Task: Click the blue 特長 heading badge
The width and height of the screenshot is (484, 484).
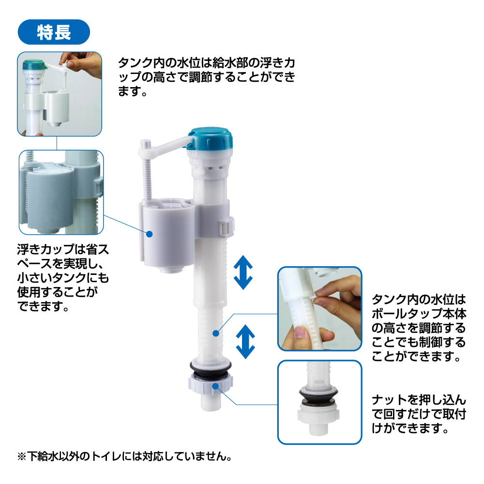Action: [x=54, y=32]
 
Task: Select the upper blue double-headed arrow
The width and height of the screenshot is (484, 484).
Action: [x=243, y=272]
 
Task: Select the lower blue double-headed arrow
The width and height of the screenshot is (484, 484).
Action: [x=245, y=342]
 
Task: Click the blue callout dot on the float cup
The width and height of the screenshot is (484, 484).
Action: [x=150, y=234]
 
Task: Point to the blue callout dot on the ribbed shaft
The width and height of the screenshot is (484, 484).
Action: [x=216, y=333]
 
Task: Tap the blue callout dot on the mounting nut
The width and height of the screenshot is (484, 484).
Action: [x=215, y=386]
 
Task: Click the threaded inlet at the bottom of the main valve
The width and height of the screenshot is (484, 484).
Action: [x=211, y=401]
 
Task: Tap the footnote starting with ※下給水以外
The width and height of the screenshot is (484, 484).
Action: [x=125, y=456]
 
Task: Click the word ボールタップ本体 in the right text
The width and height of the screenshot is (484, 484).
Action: [x=419, y=314]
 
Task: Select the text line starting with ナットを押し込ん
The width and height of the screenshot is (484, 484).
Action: [x=419, y=400]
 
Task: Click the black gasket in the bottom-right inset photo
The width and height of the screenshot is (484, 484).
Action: [x=318, y=396]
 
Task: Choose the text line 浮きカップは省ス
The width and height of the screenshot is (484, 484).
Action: [x=63, y=249]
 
